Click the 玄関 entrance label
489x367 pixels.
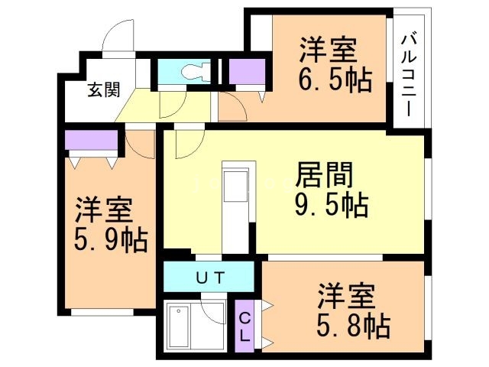tap(102, 89)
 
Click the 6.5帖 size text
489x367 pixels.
tap(335, 80)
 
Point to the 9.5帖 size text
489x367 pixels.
tap(332, 205)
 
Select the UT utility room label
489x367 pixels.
tap(209, 277)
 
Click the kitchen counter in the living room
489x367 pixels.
tap(236, 199)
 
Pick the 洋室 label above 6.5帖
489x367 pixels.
tap(327, 50)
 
